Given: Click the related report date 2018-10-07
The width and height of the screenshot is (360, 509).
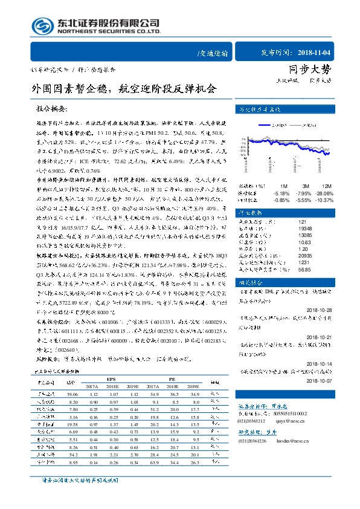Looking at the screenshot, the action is [x=324, y=382].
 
